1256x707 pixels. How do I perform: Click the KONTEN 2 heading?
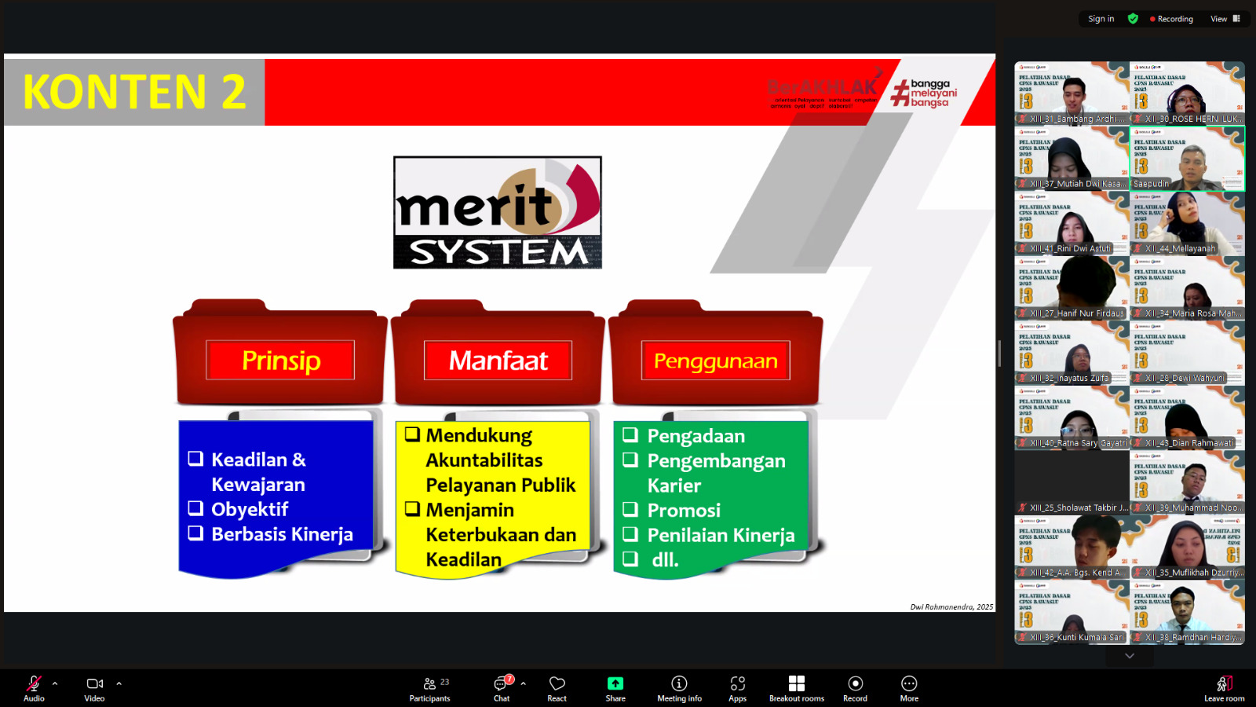coord(134,92)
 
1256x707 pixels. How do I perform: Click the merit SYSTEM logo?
coord(498,213)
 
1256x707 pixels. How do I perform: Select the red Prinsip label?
coord(280,361)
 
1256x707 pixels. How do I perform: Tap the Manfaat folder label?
coord(498,361)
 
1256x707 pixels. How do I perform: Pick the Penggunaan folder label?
coord(715,361)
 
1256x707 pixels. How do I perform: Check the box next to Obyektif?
coord(195,508)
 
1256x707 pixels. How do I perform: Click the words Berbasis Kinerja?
coord(282,534)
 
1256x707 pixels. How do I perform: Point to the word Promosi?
coord(684,511)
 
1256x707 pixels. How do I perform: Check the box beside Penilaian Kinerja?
coord(630,534)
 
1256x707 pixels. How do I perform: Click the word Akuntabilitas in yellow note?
coord(484,460)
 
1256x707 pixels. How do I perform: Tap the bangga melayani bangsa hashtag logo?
coord(924,93)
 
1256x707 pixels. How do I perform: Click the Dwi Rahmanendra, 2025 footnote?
coord(951,606)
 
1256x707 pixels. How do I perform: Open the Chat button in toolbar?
coord(501,688)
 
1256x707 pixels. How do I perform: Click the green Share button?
coord(615,688)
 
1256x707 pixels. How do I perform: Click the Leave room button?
coord(1223,688)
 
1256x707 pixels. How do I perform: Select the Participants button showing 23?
coord(429,688)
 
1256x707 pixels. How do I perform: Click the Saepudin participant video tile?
coord(1187,159)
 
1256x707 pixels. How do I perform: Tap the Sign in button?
coord(1101,19)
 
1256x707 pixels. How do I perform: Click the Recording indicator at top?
coord(1171,19)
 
